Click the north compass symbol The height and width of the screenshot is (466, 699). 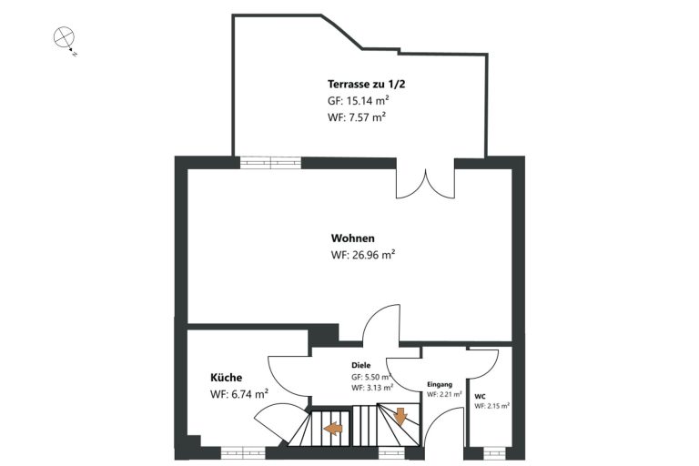[x=65, y=37]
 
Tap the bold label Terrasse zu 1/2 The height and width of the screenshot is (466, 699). [x=366, y=84]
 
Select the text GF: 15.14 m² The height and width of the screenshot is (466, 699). [x=359, y=100]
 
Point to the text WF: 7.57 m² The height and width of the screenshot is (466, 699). [x=356, y=117]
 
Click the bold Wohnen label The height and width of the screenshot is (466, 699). [x=352, y=238]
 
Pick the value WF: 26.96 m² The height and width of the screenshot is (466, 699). [x=363, y=255]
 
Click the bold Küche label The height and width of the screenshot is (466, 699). [x=226, y=377]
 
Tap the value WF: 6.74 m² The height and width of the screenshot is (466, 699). [x=239, y=394]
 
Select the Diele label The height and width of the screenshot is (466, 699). [x=360, y=365]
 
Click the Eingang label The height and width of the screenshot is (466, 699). [x=440, y=384]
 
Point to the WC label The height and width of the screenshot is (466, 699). [x=481, y=396]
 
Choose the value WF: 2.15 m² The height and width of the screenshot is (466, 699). [x=492, y=406]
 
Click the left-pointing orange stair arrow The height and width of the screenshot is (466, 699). [x=333, y=429]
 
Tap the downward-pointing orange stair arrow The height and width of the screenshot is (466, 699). [x=400, y=416]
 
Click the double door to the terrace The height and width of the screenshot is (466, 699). [x=426, y=178]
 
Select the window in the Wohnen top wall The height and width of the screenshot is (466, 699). [x=270, y=162]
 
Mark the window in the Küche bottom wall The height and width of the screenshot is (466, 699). [x=243, y=453]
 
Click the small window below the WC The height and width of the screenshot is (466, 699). [x=494, y=453]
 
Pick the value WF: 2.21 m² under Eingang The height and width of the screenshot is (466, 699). [x=444, y=394]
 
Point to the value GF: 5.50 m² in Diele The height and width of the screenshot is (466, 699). [x=371, y=377]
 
